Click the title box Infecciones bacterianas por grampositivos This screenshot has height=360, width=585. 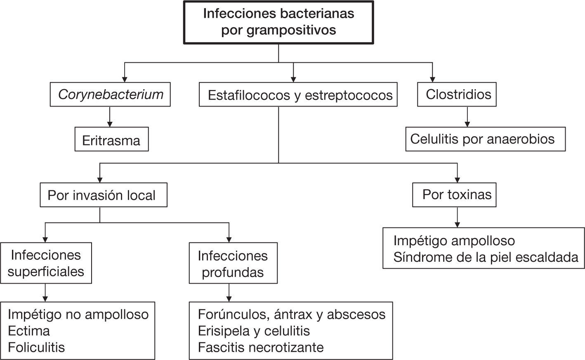click(x=278, y=22)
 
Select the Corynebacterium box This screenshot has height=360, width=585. click(x=110, y=95)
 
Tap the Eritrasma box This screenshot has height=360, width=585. click(x=111, y=140)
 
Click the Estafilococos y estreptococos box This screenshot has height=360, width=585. click(x=298, y=95)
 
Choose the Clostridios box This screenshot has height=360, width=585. click(x=457, y=95)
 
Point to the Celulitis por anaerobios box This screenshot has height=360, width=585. click(x=485, y=139)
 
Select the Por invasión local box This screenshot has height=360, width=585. click(x=103, y=195)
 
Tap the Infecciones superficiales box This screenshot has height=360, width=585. click(x=46, y=263)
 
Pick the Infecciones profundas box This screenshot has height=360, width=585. click(x=233, y=263)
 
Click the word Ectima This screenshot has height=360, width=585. click(x=29, y=331)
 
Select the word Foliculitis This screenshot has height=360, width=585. click(x=36, y=347)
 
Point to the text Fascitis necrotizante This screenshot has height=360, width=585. click(x=261, y=347)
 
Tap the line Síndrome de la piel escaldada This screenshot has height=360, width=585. click(x=486, y=257)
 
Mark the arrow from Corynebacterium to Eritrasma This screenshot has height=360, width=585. click(x=109, y=117)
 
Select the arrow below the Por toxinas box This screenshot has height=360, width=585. click(x=457, y=217)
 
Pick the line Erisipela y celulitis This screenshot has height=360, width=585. click(x=254, y=331)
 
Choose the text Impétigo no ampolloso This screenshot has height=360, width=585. click(x=78, y=314)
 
